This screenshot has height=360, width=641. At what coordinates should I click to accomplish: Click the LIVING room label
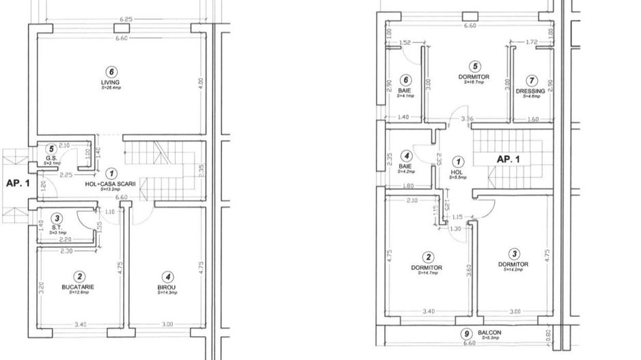click(110, 83)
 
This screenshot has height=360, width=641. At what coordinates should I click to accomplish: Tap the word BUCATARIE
click(80, 288)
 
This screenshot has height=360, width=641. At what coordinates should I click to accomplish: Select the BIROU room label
click(167, 288)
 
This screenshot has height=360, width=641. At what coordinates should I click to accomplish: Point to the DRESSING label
click(530, 91)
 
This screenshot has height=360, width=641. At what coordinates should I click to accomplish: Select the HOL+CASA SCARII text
click(111, 184)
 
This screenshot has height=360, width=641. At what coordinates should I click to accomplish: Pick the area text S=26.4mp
click(111, 88)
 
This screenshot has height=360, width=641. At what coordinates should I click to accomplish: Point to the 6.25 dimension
click(125, 20)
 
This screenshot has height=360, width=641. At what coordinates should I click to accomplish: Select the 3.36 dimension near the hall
click(467, 120)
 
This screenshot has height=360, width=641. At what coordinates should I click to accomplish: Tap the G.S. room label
click(50, 158)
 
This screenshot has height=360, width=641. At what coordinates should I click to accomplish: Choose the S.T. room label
click(57, 228)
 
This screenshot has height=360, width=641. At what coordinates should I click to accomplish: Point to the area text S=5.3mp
click(490, 338)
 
